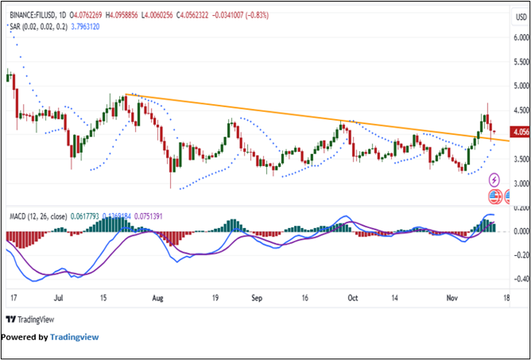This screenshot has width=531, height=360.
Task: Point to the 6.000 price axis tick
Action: (x=520, y=37)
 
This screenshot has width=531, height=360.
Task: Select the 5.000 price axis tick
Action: (x=520, y=86)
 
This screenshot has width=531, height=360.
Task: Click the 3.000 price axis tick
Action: (x=520, y=184)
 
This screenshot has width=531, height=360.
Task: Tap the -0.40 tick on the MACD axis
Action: (x=519, y=279)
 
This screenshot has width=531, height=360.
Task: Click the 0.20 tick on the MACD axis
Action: (x=519, y=207)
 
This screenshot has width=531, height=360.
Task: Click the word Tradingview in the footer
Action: (x=74, y=337)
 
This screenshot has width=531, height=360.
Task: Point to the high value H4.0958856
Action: (x=125, y=14)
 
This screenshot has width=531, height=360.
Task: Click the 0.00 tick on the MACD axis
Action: (x=519, y=231)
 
